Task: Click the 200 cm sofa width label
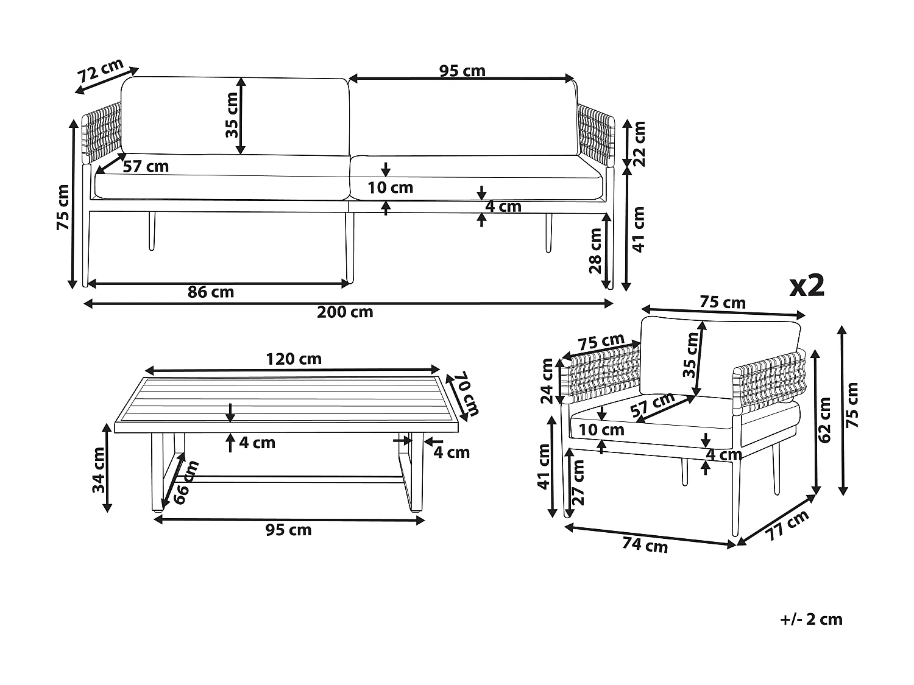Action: tap(345, 312)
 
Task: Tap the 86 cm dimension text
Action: tap(211, 292)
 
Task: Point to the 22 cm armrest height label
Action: tap(639, 144)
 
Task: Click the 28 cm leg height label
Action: tap(595, 250)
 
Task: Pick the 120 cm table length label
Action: tap(293, 359)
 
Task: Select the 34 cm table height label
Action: tap(98, 470)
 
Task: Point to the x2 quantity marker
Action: tap(807, 285)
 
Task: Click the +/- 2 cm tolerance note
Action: tap(811, 620)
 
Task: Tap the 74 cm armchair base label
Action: tap(645, 545)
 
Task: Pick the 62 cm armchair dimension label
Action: tap(826, 420)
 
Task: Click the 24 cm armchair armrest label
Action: tap(547, 381)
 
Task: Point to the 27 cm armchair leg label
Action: tap(578, 482)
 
